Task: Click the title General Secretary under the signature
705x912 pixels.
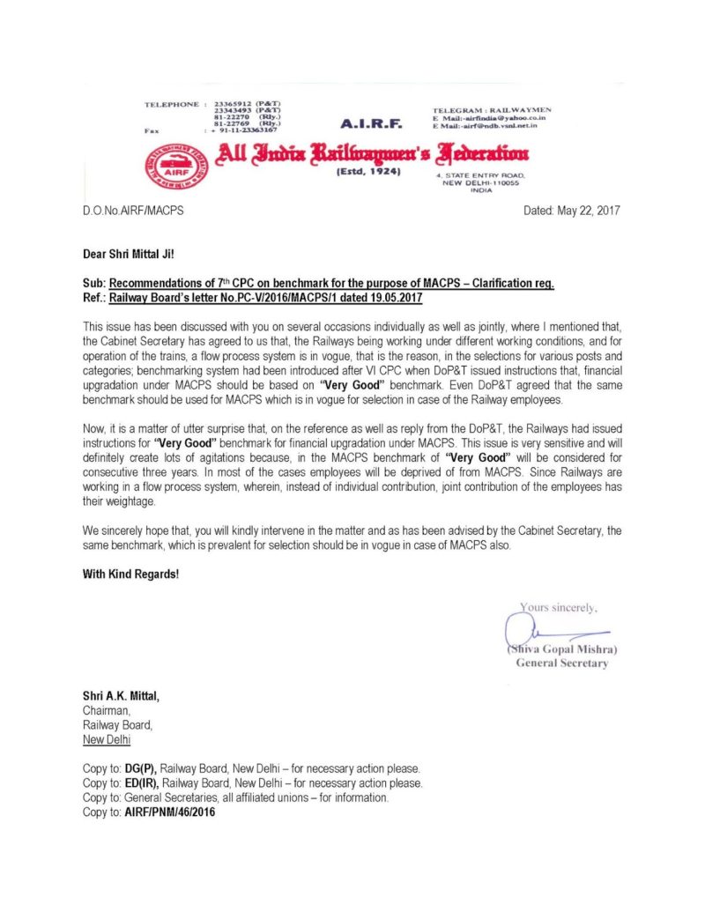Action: (561, 664)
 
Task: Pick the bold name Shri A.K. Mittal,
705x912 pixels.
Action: (122, 695)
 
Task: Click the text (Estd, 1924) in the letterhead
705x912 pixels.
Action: (369, 174)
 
